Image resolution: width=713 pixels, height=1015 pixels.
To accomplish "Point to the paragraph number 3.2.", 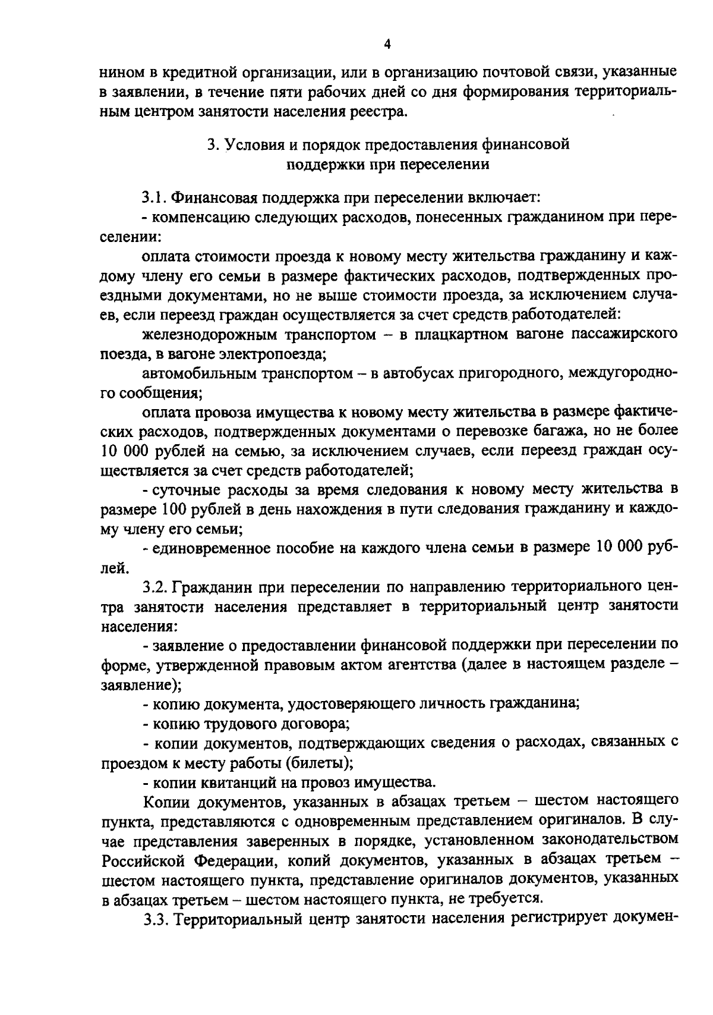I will (156, 587).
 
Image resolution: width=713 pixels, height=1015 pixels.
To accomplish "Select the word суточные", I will (184, 489).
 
